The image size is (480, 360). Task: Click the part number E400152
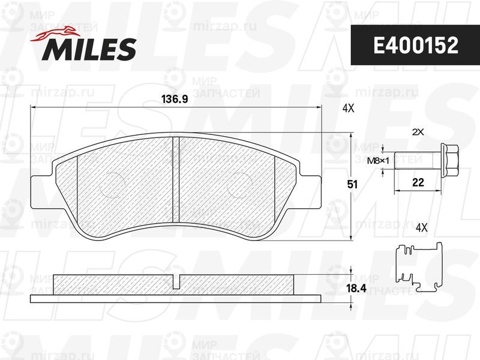(416, 46)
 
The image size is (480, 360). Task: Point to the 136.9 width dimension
(175, 99)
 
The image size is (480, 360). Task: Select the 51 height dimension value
(352, 184)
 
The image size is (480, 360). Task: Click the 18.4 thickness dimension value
(356, 288)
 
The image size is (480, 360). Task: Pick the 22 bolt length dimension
(418, 182)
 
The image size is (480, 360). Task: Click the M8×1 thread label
(378, 160)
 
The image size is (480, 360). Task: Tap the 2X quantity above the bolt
(418, 132)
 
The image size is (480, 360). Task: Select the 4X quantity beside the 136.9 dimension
(348, 108)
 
